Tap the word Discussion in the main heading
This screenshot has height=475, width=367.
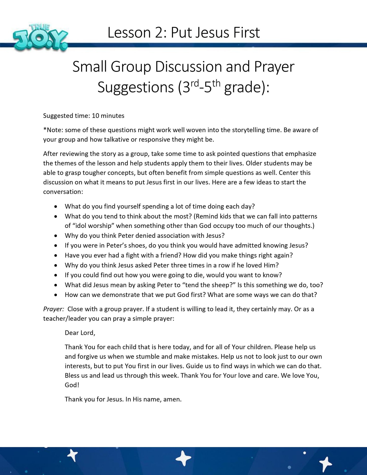point(188,67)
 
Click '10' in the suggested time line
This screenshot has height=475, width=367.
point(95,116)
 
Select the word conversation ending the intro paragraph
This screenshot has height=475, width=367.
point(62,192)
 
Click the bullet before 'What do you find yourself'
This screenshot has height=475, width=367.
point(56,207)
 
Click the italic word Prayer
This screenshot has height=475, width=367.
point(53,309)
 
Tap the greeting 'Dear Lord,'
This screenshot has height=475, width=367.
point(80,333)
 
